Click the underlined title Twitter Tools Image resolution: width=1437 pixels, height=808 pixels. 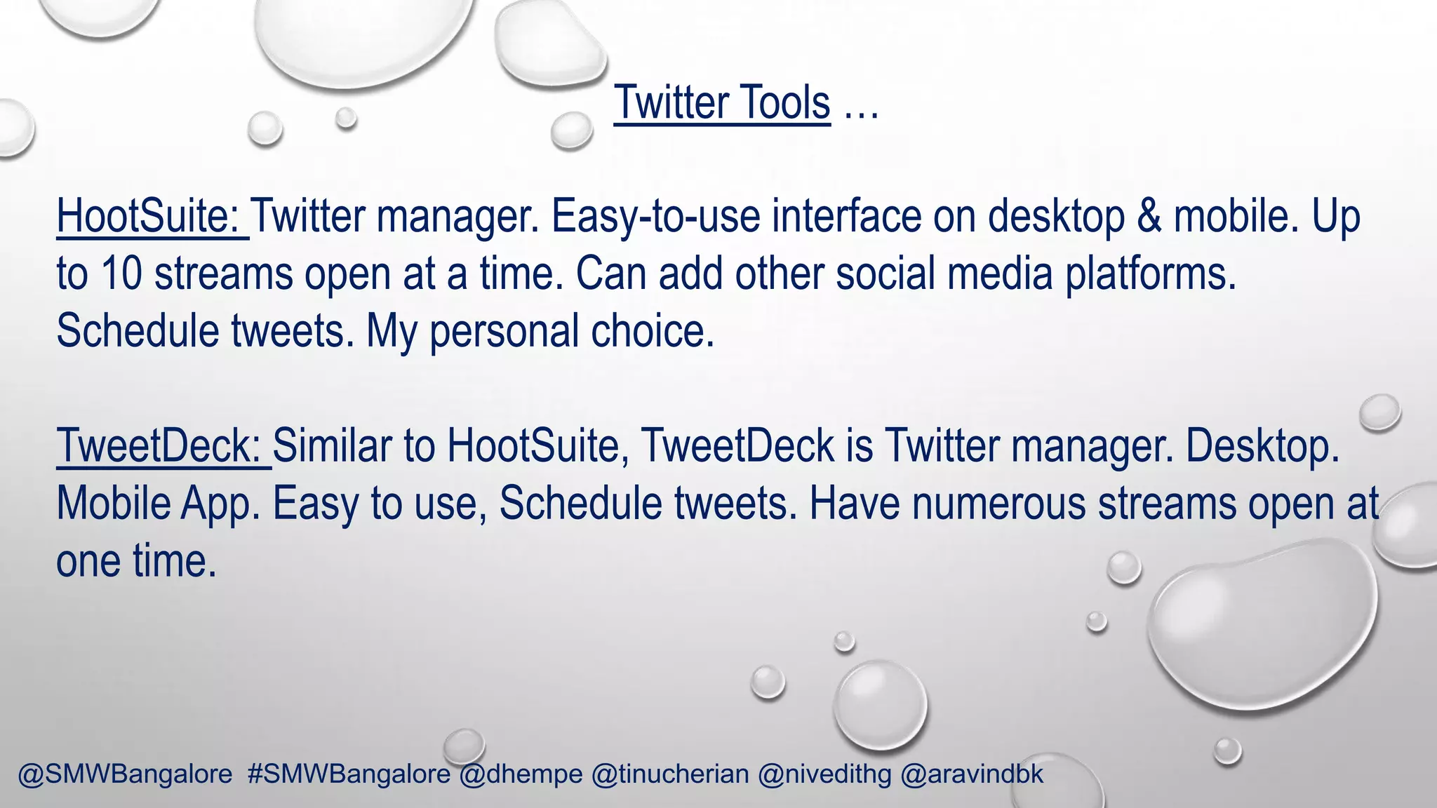[722, 103]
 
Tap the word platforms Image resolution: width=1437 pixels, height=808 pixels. [1151, 275]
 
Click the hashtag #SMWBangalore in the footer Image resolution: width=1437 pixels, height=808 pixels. [349, 774]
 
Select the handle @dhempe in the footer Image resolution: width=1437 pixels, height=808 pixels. [521, 774]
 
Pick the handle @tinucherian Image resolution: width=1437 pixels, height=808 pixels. [670, 774]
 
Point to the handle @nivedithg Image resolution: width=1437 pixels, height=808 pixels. [824, 774]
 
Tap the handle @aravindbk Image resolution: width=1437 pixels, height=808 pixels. [972, 774]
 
